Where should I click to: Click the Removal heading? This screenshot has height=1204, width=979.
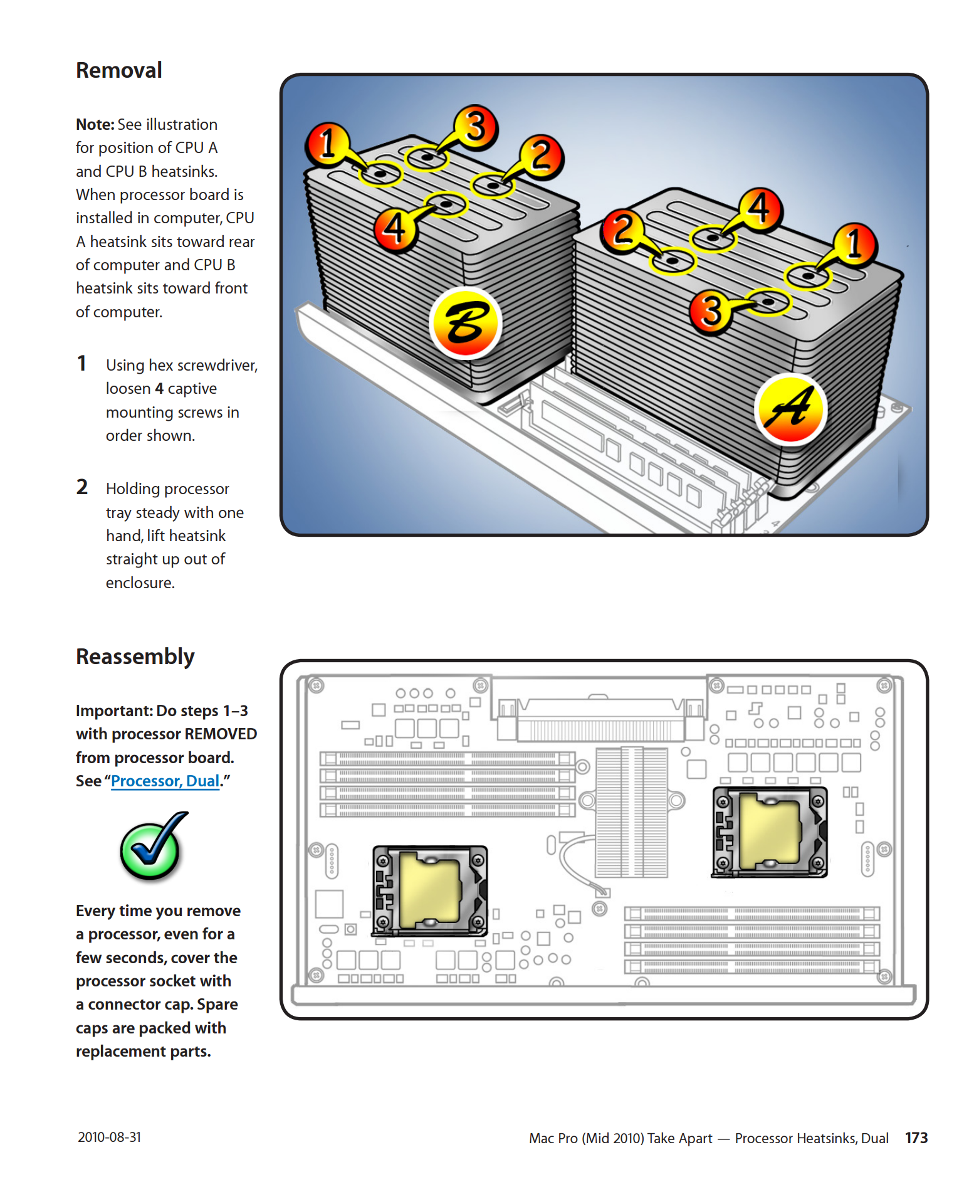[x=119, y=70]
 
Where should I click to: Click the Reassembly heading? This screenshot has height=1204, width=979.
[x=135, y=657]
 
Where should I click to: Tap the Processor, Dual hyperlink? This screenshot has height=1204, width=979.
[x=165, y=781]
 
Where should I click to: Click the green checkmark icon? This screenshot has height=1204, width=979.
[x=152, y=847]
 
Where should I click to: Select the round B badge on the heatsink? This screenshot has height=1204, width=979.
[x=466, y=323]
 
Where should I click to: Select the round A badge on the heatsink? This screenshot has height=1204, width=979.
[x=790, y=408]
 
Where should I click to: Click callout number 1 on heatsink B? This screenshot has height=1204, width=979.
[x=327, y=143]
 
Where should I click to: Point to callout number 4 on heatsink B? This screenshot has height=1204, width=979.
[x=395, y=229]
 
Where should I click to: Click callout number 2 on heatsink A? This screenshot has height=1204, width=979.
[x=623, y=230]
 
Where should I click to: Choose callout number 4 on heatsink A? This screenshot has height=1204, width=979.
[x=760, y=209]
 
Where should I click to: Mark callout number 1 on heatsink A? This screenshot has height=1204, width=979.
[x=854, y=244]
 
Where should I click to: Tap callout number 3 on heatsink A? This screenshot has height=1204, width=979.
[x=711, y=311]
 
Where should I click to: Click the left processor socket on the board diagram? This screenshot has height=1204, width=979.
[x=430, y=890]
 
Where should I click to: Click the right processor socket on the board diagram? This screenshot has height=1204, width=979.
[x=770, y=832]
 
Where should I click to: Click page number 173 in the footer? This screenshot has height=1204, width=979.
[x=916, y=1138]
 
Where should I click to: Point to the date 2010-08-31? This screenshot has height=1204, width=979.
[x=110, y=1137]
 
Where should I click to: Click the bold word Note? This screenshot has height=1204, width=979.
[x=95, y=124]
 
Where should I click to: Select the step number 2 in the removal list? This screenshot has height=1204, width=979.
[x=82, y=487]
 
